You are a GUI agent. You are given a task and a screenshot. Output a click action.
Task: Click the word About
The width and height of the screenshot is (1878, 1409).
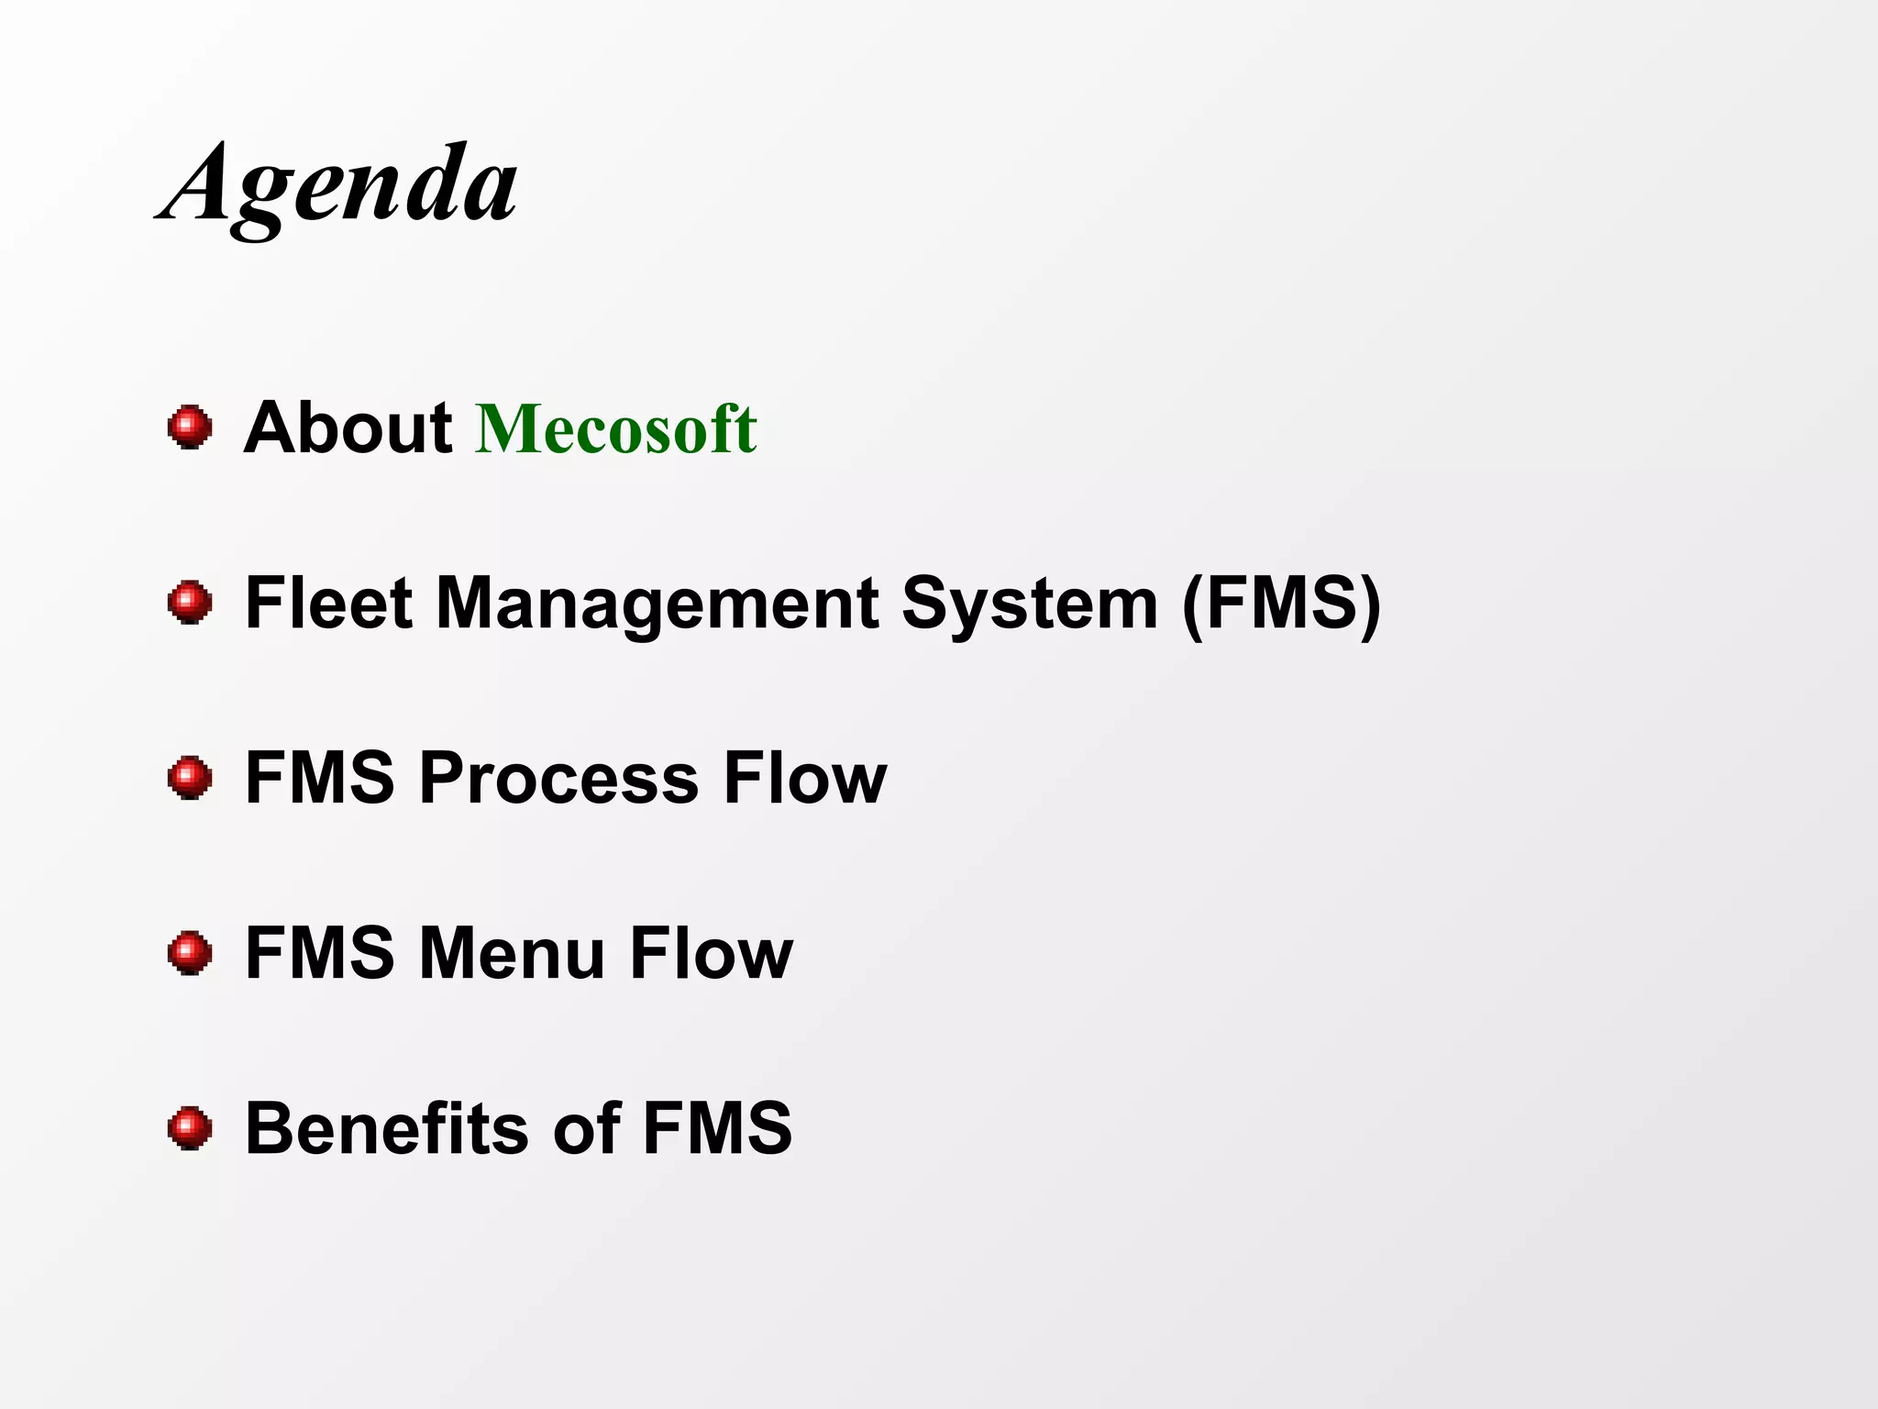[x=348, y=427]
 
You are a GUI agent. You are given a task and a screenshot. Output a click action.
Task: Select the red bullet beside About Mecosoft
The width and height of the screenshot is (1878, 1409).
[x=190, y=427]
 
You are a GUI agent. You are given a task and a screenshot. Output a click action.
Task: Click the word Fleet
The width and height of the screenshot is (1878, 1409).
[x=328, y=603]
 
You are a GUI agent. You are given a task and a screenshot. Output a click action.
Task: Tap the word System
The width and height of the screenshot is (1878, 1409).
[x=1029, y=605]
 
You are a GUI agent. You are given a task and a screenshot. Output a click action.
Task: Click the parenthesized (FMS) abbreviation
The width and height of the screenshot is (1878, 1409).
[x=1281, y=605]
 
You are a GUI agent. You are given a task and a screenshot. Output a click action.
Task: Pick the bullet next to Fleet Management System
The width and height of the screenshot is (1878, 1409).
[x=190, y=603]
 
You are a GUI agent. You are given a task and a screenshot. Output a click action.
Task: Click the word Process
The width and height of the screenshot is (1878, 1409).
[x=558, y=779]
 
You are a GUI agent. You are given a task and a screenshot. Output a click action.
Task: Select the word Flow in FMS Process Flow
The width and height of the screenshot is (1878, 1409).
[x=804, y=779]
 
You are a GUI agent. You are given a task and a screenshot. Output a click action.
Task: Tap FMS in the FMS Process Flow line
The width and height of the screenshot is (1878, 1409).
[x=319, y=779]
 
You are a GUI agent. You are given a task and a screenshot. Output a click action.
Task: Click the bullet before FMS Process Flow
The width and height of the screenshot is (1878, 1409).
[x=190, y=778]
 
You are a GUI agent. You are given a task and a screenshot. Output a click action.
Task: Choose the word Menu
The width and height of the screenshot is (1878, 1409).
[x=512, y=954]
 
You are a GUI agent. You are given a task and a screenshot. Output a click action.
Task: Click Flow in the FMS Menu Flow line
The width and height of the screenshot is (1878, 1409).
[x=711, y=954]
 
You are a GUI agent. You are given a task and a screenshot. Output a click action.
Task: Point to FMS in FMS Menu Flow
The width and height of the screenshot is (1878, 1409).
[x=319, y=954]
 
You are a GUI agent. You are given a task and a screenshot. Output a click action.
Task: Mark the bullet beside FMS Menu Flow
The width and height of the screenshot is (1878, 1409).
[x=190, y=954]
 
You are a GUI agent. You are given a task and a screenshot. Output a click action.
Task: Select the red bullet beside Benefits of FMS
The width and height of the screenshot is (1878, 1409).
[x=190, y=1128]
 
